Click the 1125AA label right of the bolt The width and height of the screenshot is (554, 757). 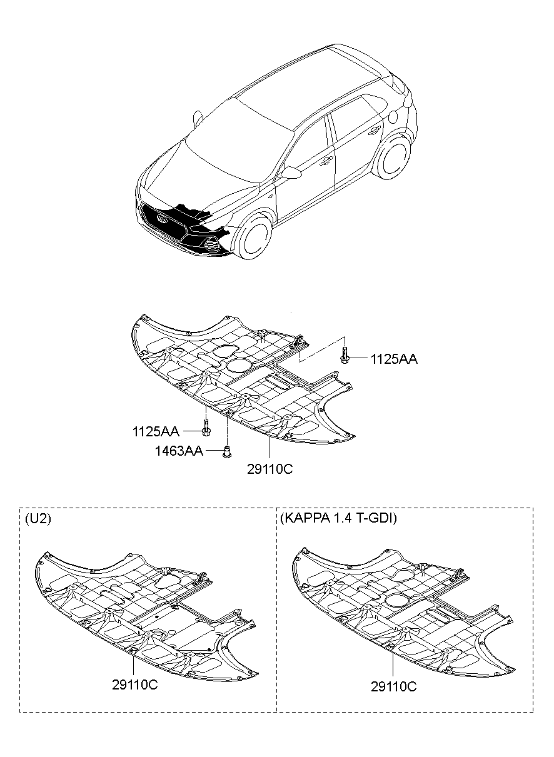coord(394,359)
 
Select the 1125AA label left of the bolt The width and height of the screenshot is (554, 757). coord(156,431)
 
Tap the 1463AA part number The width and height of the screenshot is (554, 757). coord(179,451)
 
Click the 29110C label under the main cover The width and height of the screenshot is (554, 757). coord(269,469)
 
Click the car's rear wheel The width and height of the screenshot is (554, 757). coord(393,158)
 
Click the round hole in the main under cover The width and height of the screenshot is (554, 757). coord(239,366)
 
